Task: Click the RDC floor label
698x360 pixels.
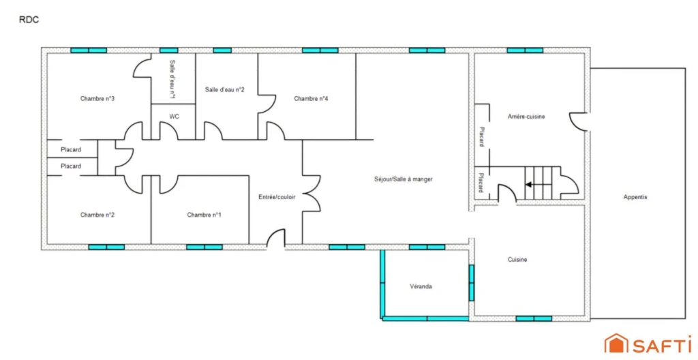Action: pyautogui.click(x=29, y=20)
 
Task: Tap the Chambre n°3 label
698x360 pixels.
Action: pyautogui.click(x=97, y=98)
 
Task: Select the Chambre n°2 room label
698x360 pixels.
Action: pyautogui.click(x=97, y=215)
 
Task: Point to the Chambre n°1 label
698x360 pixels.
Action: pyautogui.click(x=204, y=215)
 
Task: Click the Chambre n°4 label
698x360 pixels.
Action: pyautogui.click(x=311, y=98)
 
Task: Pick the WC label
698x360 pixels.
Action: pyautogui.click(x=174, y=117)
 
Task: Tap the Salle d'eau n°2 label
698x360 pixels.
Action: pyautogui.click(x=225, y=89)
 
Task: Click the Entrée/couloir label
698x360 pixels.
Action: pyautogui.click(x=277, y=196)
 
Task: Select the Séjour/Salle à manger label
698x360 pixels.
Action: pyautogui.click(x=404, y=179)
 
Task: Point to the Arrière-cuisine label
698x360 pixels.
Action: pyautogui.click(x=526, y=117)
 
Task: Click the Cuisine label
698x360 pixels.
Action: pyautogui.click(x=517, y=259)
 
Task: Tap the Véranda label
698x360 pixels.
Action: pyautogui.click(x=421, y=286)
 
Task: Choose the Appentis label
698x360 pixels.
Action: pyautogui.click(x=635, y=197)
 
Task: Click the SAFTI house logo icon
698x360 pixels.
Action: pyautogui.click(x=616, y=344)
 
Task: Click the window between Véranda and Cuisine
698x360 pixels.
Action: pyautogui.click(x=472, y=283)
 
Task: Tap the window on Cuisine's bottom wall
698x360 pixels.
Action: pyautogui.click(x=534, y=318)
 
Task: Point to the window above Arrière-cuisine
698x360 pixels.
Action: pyautogui.click(x=525, y=50)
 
